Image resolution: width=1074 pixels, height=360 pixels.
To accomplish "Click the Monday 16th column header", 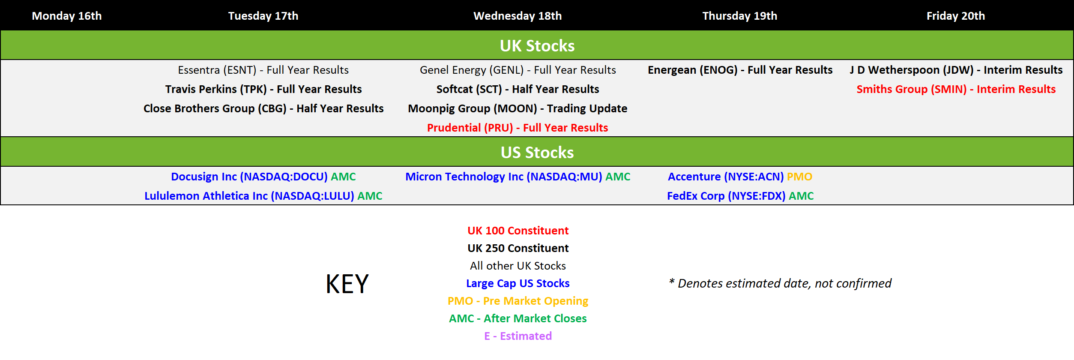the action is point(67,16).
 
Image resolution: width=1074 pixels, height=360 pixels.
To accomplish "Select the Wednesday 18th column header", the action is point(518,16).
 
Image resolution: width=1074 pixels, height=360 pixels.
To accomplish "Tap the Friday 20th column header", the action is point(956,16).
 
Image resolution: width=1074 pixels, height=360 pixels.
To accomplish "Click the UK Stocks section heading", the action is point(537,46).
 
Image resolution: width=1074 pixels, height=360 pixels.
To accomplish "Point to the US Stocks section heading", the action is point(537,153).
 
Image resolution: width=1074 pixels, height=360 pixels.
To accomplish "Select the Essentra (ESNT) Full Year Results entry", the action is point(263,70).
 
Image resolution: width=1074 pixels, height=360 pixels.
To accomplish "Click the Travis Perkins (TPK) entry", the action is point(263,89).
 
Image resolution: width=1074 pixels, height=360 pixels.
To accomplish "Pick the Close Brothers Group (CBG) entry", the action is point(263,108).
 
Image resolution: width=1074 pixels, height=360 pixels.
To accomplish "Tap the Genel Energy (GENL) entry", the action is point(518,70).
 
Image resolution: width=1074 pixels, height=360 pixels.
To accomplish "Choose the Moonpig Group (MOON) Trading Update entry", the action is point(518,108).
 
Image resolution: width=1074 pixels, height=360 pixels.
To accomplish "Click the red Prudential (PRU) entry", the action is point(518,128).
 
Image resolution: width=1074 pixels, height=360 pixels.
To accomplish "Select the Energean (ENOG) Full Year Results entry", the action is point(740,70).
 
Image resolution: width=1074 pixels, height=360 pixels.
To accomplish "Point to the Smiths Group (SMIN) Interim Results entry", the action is point(956,89).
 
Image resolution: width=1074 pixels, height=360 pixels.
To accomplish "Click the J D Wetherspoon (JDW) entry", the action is point(956,70).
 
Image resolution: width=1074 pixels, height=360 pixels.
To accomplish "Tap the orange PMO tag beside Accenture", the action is point(799,177).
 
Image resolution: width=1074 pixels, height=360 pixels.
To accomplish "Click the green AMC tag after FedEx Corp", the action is point(801,196).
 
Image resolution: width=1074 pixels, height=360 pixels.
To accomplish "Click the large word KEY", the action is point(347,284).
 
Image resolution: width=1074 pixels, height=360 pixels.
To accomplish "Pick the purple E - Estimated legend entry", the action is point(518,336).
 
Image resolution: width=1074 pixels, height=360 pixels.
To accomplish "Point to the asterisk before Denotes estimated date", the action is point(672,282).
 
